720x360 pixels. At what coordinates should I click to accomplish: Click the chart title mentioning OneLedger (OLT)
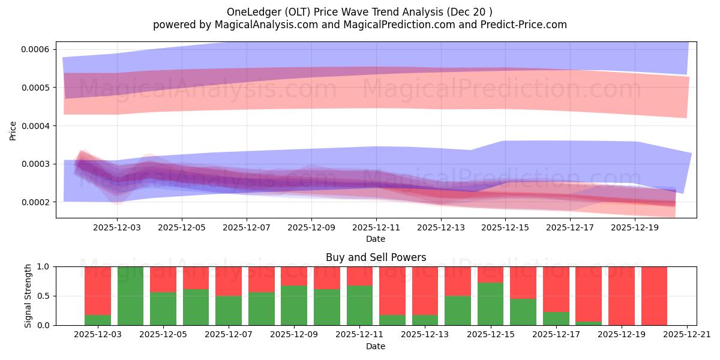359,12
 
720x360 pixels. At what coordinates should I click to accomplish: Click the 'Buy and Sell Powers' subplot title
376,257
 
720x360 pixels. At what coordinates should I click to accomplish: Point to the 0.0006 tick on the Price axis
35,49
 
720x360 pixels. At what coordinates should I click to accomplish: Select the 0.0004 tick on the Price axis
35,126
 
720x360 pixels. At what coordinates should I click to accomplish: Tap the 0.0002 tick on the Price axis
35,202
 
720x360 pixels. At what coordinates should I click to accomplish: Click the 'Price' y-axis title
13,130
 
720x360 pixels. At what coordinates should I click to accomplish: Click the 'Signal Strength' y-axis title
28,295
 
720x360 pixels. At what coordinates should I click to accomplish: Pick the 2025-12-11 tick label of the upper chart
376,228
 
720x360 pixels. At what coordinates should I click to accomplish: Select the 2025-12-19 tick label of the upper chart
635,228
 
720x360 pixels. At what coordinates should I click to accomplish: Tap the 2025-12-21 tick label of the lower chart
686,335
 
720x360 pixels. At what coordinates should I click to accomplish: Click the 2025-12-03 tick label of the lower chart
98,335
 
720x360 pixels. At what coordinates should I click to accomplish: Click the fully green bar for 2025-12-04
130,296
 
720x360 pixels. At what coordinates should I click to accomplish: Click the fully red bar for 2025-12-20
654,296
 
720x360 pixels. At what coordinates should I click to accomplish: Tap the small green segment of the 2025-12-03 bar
98,320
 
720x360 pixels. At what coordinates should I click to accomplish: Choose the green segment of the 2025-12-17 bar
556,319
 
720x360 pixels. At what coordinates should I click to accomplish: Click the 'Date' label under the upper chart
376,239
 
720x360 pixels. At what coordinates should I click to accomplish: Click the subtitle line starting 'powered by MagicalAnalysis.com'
359,25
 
